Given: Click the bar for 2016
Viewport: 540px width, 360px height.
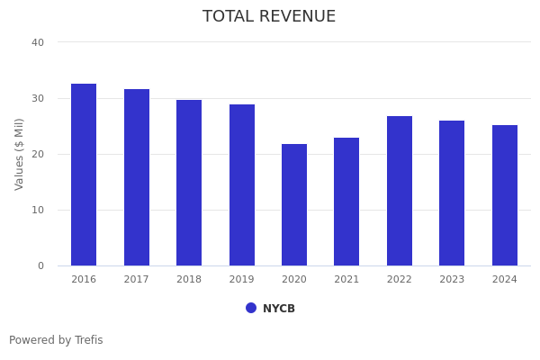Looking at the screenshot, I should pos(84,175).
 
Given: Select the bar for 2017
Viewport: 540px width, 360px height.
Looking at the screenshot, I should pos(137,177).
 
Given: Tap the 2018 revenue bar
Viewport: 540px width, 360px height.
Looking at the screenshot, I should pos(189,183).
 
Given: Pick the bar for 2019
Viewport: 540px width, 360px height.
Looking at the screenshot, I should pos(242,184).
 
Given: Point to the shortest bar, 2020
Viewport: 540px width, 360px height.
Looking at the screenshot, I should pos(294,204).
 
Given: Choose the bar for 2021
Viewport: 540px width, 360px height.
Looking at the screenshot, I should pos(346,202).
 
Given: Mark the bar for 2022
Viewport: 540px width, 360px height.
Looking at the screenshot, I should pos(400,191).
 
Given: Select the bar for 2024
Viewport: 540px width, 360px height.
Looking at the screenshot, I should pos(505,195).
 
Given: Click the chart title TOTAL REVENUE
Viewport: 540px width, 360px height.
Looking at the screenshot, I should pos(269,17).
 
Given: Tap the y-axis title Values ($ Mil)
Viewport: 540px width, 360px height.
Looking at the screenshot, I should pos(20,154).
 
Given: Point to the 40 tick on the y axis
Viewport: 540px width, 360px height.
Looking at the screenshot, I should pos(38,42).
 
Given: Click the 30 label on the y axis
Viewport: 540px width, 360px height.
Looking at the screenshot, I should pos(38,98).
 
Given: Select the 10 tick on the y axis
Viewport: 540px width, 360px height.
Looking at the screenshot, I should pos(38,210).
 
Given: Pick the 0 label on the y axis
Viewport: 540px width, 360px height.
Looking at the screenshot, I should pos(40,265).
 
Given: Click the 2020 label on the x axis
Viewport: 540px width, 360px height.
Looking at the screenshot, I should pos(294,279).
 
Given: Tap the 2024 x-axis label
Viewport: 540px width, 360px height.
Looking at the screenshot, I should pos(505,279).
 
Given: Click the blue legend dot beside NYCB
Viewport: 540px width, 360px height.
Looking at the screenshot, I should pos(251,308).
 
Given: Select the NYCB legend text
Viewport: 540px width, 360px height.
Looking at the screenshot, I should pos(279,309).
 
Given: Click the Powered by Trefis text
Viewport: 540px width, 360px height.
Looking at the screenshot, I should pos(56,340).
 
